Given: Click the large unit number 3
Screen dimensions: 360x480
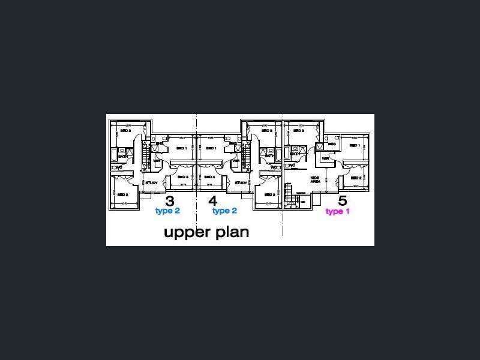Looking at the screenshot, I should tap(170, 201).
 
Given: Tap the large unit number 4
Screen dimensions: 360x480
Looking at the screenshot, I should tap(212, 201).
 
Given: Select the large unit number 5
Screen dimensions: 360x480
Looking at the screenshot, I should tap(343, 201).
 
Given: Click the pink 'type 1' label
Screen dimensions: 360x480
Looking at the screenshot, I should tap(338, 211).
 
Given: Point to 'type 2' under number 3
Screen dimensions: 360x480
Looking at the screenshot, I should tap(167, 211).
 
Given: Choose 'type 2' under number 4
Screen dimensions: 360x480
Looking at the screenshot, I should tap(224, 211).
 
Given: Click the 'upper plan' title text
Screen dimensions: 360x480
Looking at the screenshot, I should tap(206, 232).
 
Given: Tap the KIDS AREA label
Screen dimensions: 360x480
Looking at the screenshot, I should tap(314, 179).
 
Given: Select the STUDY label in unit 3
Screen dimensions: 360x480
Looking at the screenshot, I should tap(151, 183).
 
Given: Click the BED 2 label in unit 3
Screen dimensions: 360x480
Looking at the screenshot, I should tap(123, 195).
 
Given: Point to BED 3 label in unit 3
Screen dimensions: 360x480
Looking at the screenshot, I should tap(125, 130).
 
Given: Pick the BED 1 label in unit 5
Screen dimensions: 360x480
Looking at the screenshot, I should tap(354, 145).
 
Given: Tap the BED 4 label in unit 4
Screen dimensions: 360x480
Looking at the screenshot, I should tap(209, 177).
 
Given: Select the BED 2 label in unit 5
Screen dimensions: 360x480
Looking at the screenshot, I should tap(355, 178).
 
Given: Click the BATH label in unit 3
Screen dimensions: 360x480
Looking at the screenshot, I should tap(122, 157).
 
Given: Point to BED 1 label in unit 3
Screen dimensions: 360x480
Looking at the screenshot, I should tap(182, 148).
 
